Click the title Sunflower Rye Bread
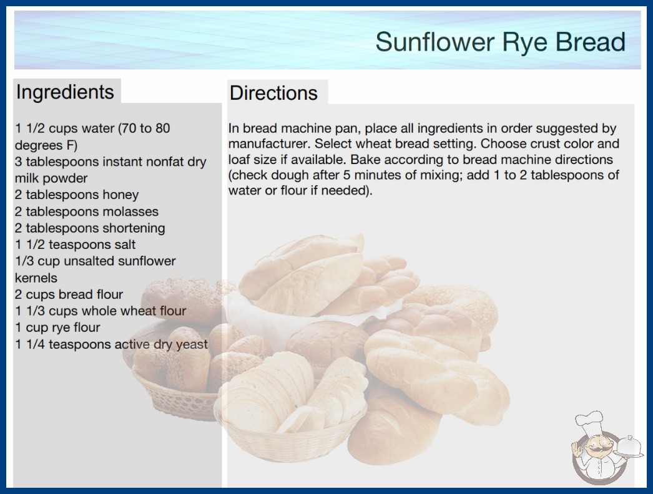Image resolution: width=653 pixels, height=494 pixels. coord(500,42)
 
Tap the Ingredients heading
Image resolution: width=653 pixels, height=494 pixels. coord(65,92)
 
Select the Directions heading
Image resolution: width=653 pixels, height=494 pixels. coord(273,93)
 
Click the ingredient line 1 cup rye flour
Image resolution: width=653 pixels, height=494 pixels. coord(57,327)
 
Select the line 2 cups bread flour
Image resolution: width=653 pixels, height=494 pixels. coord(69,294)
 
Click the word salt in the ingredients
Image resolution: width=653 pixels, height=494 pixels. coord(125,245)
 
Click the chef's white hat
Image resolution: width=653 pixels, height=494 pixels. coord(589,422)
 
